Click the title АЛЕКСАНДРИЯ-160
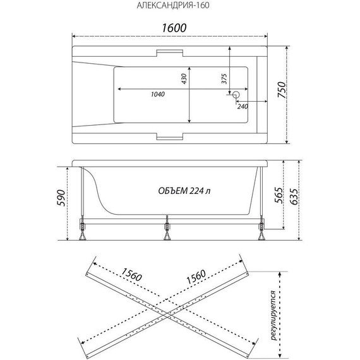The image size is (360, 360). [x=173, y=6]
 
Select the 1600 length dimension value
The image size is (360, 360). [x=174, y=28]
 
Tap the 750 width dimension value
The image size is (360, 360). [x=282, y=90]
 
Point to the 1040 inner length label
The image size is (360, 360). [x=158, y=94]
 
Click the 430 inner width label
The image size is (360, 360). [x=184, y=79]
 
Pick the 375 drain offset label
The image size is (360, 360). [x=224, y=79]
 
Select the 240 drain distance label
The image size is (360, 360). [x=243, y=106]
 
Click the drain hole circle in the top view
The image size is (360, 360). [x=236, y=94]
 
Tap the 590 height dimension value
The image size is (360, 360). [x=61, y=198]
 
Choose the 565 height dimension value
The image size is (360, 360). [x=279, y=195]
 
